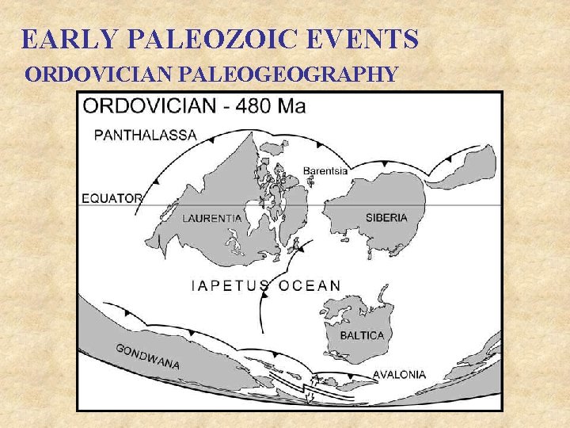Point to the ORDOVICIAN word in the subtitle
(101, 75)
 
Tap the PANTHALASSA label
(146, 135)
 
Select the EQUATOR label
(112, 198)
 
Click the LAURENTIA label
(213, 218)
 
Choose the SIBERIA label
(386, 217)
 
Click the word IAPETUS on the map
(230, 285)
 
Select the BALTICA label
(362, 335)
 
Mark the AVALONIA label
(399, 374)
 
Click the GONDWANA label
(147, 357)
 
